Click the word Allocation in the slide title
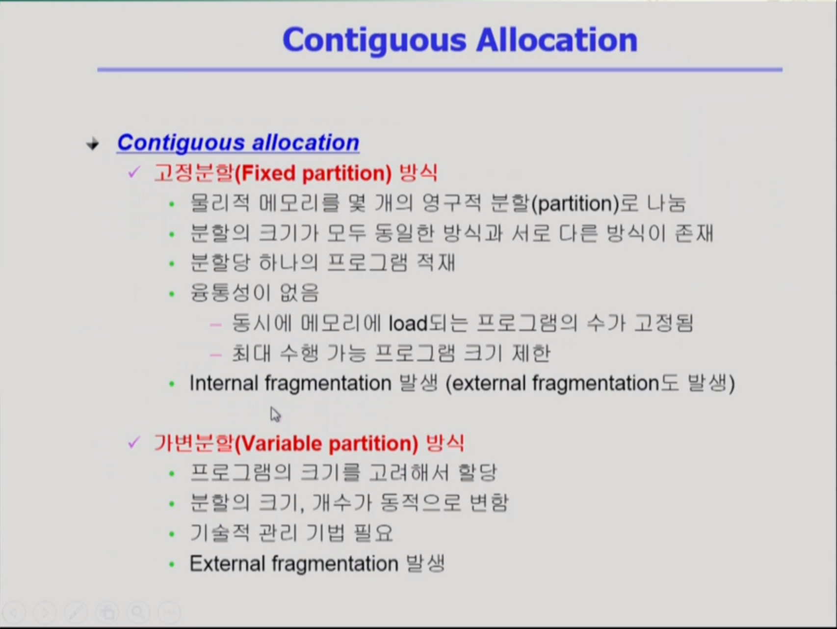(x=557, y=40)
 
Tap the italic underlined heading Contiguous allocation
(x=238, y=143)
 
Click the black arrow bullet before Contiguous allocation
(x=93, y=144)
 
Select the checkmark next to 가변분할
(x=133, y=442)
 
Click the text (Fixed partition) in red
(x=314, y=173)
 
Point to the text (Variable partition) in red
(x=327, y=444)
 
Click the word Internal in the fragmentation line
(x=224, y=383)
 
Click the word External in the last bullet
(x=227, y=564)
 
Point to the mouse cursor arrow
(x=275, y=415)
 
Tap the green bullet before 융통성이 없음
(x=172, y=294)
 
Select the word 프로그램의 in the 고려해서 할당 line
(x=240, y=473)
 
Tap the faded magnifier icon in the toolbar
(x=138, y=612)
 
